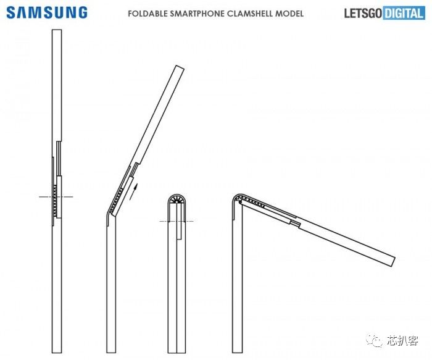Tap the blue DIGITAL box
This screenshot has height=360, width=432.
coord(404,13)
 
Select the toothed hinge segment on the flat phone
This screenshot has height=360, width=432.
coord(57,198)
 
